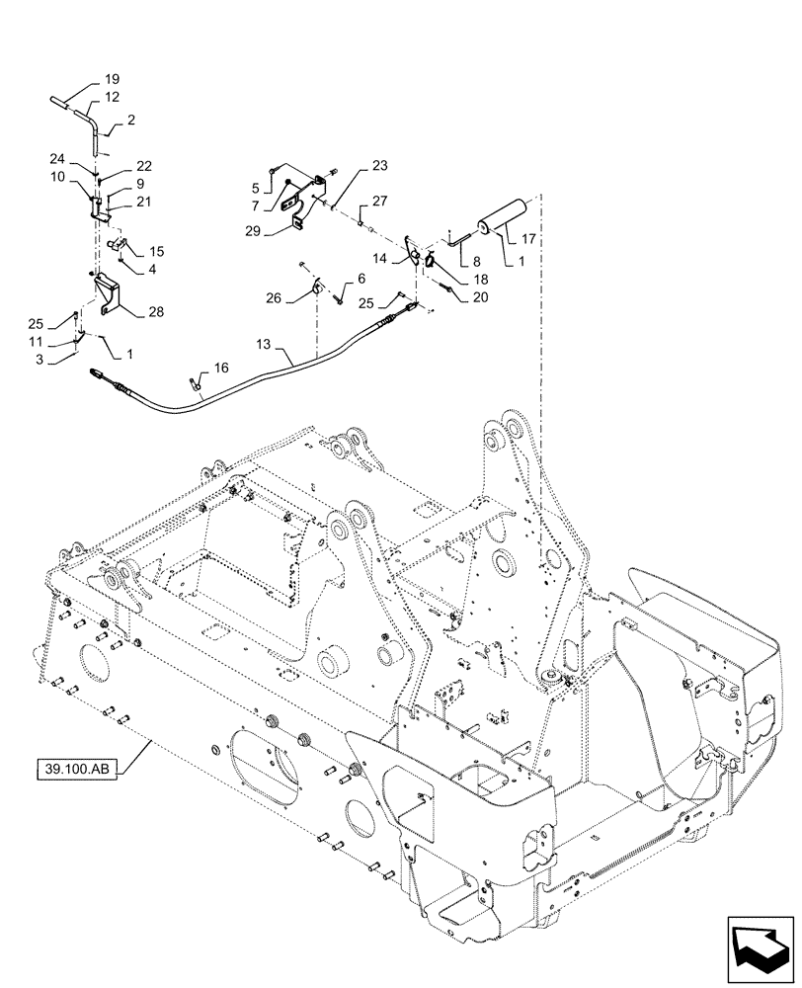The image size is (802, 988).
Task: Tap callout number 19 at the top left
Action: [x=112, y=78]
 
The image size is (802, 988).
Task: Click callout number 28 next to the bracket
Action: [x=156, y=312]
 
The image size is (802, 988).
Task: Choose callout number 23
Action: [x=353, y=167]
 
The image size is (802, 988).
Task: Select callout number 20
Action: [x=480, y=296]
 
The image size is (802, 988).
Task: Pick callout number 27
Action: [x=381, y=202]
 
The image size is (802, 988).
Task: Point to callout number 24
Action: [x=57, y=158]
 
